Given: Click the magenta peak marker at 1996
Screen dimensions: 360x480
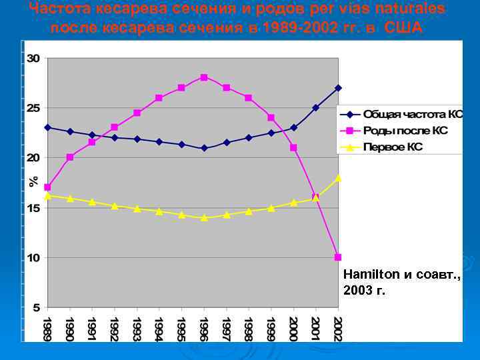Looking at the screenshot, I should coord(204,77).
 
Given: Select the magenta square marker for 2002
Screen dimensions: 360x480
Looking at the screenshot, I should coord(338,257).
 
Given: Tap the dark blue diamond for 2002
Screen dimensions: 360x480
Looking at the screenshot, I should coord(338,88).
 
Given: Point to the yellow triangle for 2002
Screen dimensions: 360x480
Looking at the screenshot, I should coord(338,178).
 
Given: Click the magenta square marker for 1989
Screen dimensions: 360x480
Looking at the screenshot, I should coord(47,187).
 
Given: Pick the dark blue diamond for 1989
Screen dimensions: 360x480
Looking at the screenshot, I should coord(47,127).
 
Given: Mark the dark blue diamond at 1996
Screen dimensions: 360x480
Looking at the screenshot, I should coord(204,148).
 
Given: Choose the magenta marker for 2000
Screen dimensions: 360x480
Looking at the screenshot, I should coord(293,147).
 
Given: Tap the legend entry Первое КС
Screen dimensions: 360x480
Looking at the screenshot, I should coord(393,147).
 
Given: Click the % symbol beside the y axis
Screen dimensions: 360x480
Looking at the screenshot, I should coord(32,182).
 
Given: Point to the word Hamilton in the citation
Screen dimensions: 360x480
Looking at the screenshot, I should coord(367,274).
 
